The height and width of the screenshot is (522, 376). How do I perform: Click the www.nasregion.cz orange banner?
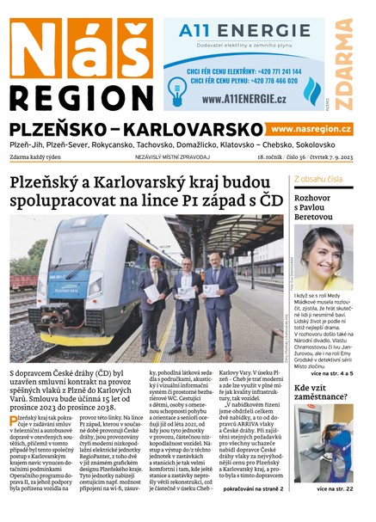pos(311,128)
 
